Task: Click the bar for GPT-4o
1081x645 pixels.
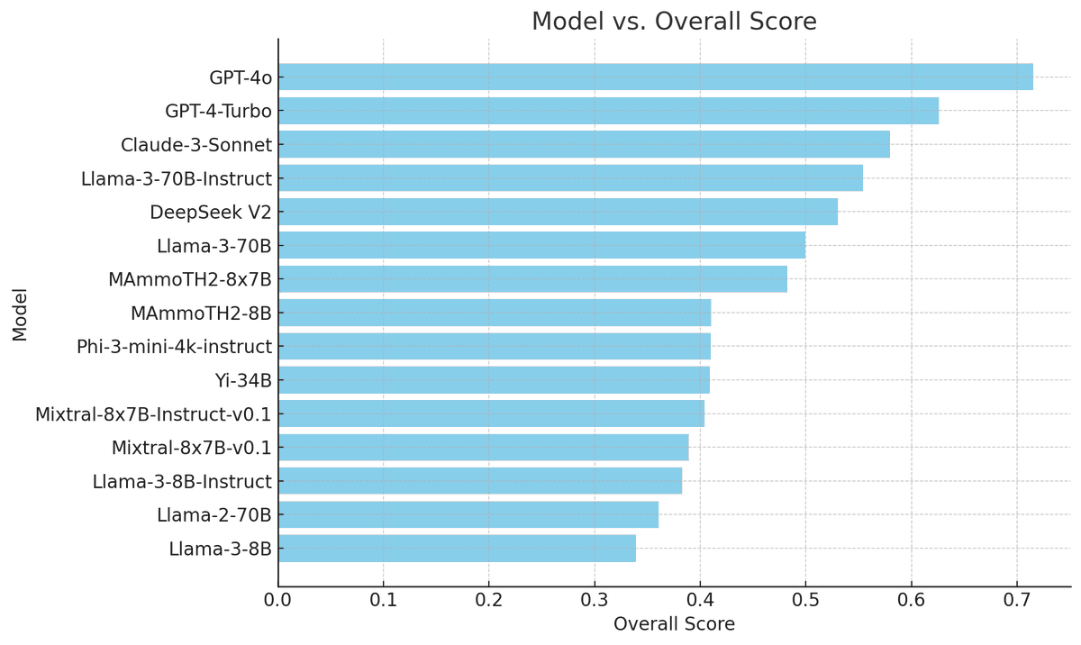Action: pyautogui.click(x=655, y=77)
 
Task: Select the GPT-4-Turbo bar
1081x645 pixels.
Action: pyautogui.click(x=608, y=111)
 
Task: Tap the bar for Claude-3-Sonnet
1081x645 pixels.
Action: pyautogui.click(x=584, y=144)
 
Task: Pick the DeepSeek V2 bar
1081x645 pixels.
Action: pyautogui.click(x=558, y=212)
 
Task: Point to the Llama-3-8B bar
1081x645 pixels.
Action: pyautogui.click(x=457, y=548)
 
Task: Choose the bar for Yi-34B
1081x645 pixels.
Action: pyautogui.click(x=494, y=380)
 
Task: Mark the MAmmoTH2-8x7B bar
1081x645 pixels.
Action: pyautogui.click(x=532, y=279)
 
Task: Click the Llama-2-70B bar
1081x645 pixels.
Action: pyautogui.click(x=468, y=514)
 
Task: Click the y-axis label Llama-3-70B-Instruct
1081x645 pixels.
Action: pyautogui.click(x=176, y=178)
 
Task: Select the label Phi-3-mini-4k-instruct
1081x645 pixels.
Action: pyautogui.click(x=174, y=347)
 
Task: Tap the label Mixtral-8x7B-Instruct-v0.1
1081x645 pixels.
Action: pyautogui.click(x=153, y=414)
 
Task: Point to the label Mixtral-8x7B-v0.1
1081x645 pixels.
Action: pyautogui.click(x=191, y=448)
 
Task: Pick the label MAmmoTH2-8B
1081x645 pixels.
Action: pyautogui.click(x=201, y=313)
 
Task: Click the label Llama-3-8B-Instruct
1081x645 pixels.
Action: pyautogui.click(x=181, y=482)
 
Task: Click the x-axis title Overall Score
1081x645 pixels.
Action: pyautogui.click(x=674, y=624)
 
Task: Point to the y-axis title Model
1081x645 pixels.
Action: pyautogui.click(x=20, y=313)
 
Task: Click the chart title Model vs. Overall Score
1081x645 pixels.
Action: pyautogui.click(x=674, y=22)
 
